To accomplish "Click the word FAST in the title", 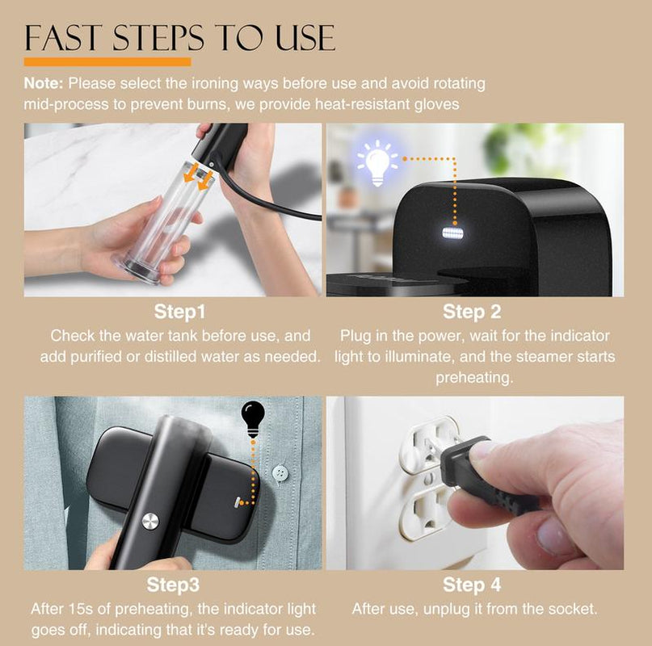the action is pos(63,37).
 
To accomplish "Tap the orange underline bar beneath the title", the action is pos(107,62).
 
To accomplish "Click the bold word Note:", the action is pos(44,83).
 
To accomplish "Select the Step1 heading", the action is pos(179,312).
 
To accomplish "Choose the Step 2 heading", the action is pos(472,312).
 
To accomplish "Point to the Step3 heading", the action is pos(173,585).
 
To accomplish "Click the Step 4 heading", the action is pos(472,585).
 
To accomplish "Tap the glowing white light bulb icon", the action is pos(377,163).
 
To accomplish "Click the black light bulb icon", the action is pos(253,419).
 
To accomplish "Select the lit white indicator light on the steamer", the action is pos(453,233).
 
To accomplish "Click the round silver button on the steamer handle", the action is pos(150,522).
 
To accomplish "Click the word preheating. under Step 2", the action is pos(474,378).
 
